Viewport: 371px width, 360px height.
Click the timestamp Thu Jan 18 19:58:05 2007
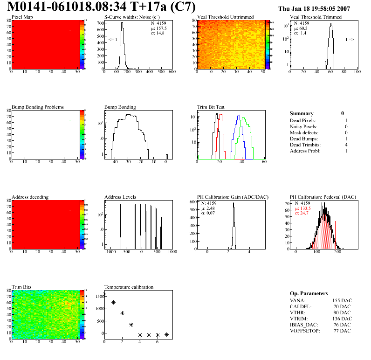(321, 8)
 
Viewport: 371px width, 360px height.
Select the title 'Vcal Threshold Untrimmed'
(226, 17)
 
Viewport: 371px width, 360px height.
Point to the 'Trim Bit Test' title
(211, 107)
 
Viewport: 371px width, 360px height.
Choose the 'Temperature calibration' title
(129, 287)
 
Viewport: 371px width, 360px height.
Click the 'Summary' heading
(302, 113)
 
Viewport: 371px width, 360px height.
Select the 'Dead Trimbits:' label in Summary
(306, 145)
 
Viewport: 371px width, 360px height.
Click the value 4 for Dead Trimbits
(346, 145)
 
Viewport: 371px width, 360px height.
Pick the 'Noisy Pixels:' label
(304, 127)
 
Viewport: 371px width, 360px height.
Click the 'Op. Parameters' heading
(309, 293)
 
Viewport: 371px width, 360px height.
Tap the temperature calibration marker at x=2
(122, 313)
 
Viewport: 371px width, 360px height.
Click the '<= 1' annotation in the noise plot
(113, 40)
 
